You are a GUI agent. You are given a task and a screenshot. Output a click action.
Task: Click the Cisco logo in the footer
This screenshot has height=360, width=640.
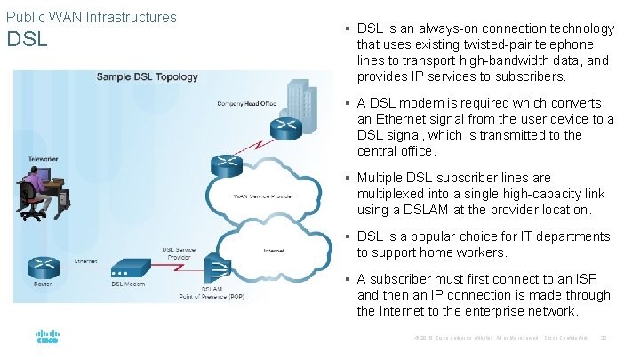(46, 338)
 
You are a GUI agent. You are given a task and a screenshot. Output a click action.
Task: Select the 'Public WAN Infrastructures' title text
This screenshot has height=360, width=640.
(92, 17)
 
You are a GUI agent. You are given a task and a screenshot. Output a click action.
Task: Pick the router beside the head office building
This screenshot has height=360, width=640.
(285, 125)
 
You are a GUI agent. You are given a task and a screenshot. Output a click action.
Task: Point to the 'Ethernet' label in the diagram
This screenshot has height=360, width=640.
(86, 261)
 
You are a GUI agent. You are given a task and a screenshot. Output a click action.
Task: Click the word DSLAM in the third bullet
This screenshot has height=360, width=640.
(430, 210)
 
